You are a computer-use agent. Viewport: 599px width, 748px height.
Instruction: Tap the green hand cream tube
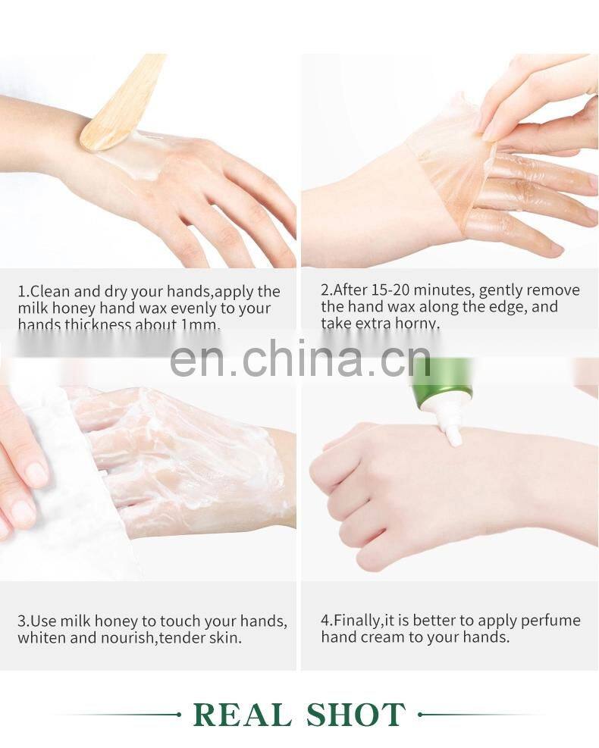point(443,378)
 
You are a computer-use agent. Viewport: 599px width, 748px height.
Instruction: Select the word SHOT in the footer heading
point(356,715)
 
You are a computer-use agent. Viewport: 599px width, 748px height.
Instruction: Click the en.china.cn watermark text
point(300,358)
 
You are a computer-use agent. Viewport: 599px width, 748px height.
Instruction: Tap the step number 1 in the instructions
point(22,292)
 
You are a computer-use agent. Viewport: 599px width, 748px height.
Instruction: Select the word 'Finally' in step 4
point(356,620)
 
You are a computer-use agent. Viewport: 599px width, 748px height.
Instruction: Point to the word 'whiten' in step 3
point(42,638)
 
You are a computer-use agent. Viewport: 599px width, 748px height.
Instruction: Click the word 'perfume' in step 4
point(553,620)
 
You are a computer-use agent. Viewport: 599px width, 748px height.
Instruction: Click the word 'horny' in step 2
point(417,324)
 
